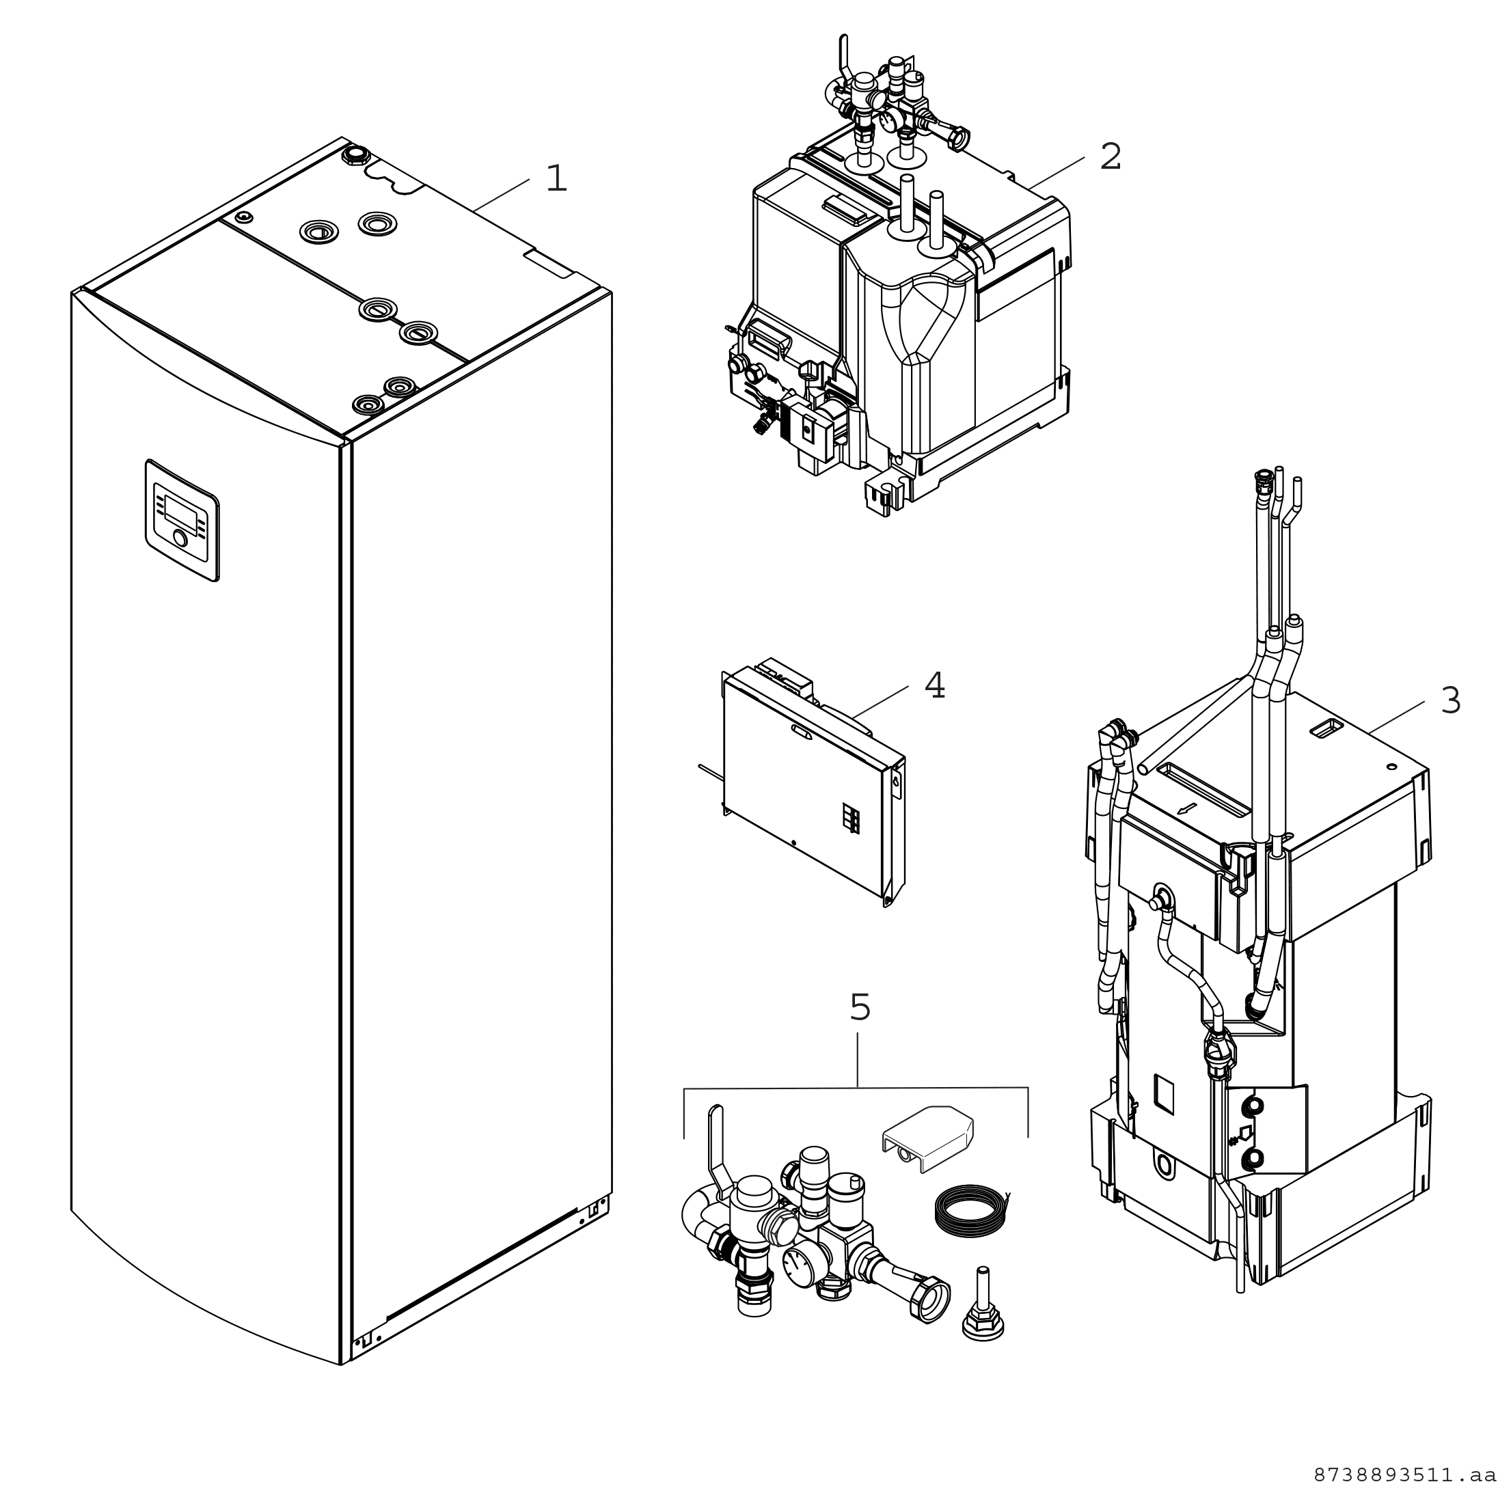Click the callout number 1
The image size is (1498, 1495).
[x=556, y=179]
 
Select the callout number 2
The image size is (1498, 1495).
[x=1111, y=157]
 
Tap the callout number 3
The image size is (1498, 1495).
[x=1450, y=700]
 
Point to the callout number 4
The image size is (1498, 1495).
[x=934, y=685]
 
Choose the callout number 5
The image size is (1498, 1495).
[x=860, y=1007]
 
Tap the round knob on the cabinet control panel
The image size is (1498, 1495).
[x=180, y=539]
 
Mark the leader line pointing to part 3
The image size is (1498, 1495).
[x=1395, y=717]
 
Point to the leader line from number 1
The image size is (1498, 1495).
[x=502, y=194]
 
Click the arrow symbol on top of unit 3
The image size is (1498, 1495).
[x=1186, y=809]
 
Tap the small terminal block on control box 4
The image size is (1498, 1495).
[x=852, y=819]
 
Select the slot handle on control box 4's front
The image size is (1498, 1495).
[x=798, y=730]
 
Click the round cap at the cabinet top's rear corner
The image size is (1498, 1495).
[x=355, y=154]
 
